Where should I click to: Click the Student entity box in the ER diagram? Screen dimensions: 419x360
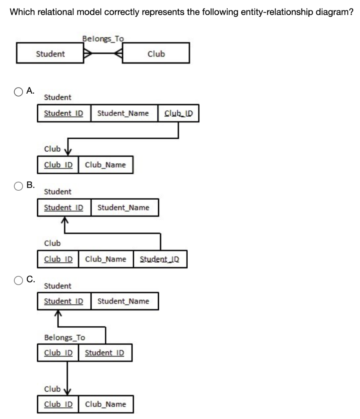point(50,54)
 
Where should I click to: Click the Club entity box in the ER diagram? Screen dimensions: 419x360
point(156,54)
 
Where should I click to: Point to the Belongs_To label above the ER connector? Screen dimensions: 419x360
point(103,39)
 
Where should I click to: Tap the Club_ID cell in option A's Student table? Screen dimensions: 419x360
point(178,113)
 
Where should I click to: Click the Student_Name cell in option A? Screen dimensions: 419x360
point(123,113)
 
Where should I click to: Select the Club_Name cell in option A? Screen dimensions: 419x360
point(105,165)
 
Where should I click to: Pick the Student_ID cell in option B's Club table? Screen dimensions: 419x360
point(160,259)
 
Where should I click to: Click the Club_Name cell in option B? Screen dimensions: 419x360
point(105,259)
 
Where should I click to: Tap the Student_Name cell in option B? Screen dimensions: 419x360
point(123,207)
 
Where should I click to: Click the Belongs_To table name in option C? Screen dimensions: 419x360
point(64,338)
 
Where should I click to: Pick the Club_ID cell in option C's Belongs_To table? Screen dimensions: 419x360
point(58,353)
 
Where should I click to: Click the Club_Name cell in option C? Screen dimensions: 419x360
point(105,404)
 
